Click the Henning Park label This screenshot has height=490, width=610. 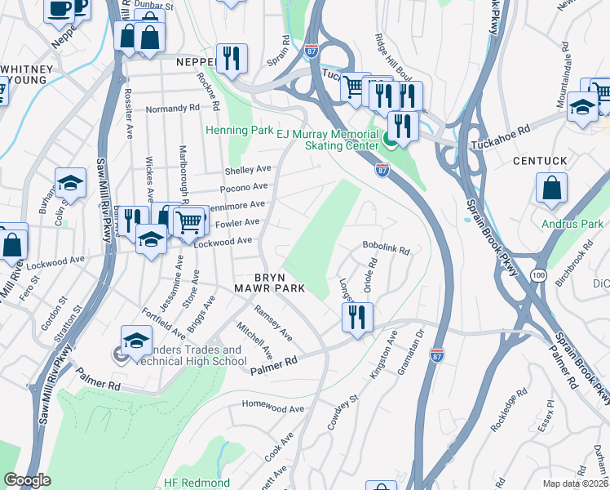click(x=239, y=130)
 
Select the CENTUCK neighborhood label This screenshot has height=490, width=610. click(x=539, y=162)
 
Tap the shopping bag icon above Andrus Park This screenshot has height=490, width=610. click(x=552, y=188)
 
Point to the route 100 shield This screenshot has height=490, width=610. click(x=538, y=273)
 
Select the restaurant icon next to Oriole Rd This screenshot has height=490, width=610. click(x=357, y=318)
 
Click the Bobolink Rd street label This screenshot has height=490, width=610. click(x=385, y=246)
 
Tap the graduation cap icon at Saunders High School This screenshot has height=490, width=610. click(x=136, y=341)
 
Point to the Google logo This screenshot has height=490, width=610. click(x=27, y=480)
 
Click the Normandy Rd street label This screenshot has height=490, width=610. click(x=172, y=108)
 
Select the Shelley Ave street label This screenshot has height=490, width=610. click(x=247, y=170)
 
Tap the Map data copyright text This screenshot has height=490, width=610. click(x=575, y=483)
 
